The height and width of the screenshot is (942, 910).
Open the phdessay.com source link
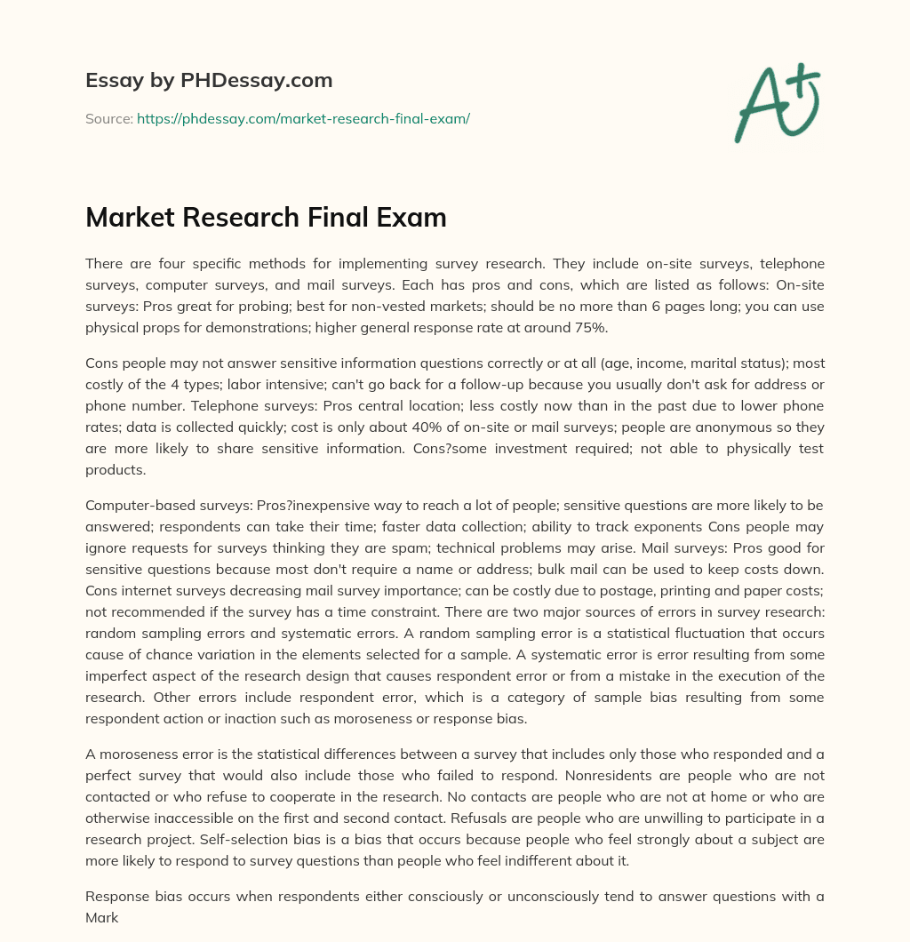[x=303, y=118]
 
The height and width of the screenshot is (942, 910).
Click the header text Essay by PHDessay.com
[x=209, y=81]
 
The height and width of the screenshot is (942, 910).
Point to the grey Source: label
[x=109, y=118]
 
